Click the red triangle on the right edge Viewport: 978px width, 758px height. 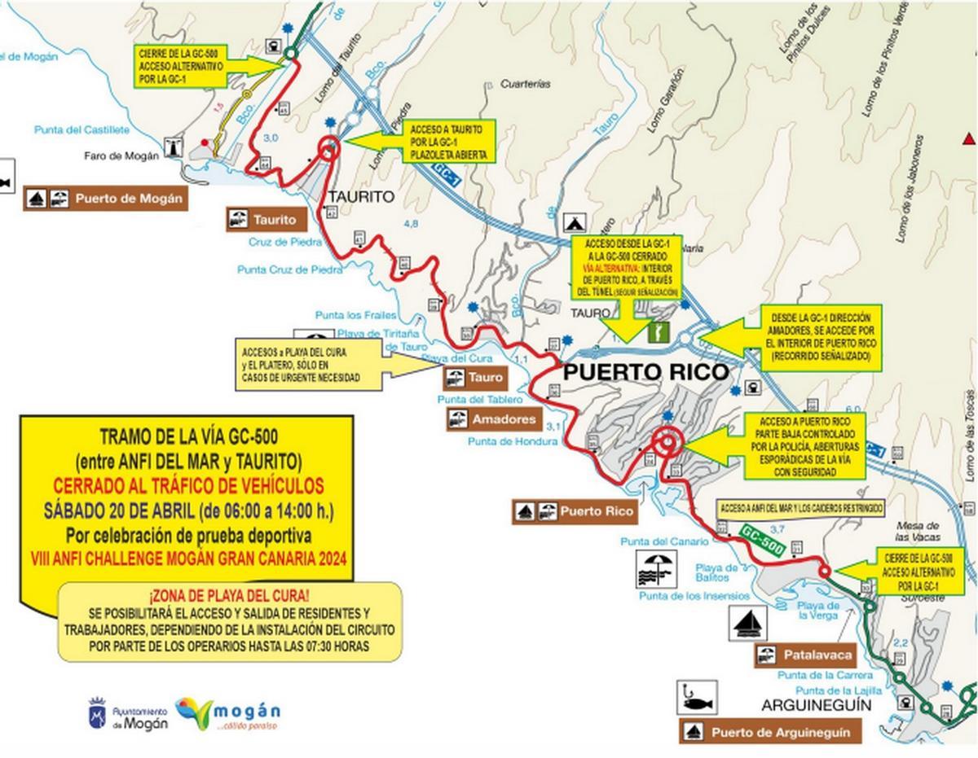pyautogui.click(x=968, y=137)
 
